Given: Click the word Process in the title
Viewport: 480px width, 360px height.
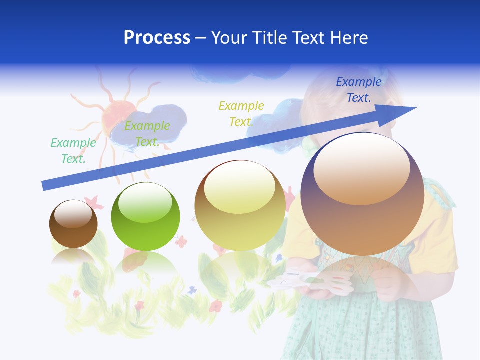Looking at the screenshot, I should point(157,37).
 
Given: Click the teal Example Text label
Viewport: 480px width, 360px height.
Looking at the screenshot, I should point(73,150).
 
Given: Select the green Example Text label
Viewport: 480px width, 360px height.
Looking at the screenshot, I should point(147,134).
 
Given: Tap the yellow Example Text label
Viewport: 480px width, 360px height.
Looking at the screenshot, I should point(241,113).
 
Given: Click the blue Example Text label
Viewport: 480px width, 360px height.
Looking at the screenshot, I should point(359,90).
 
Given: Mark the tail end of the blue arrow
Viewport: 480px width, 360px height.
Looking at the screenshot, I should point(45,185).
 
